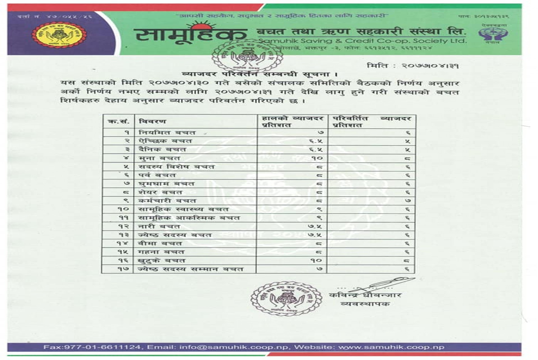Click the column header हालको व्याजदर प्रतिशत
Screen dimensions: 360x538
292,122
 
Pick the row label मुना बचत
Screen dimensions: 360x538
159,158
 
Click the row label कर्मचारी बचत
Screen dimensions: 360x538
167,201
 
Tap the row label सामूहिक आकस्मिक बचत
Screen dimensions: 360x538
189,218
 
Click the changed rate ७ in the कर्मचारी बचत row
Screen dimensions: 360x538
408,201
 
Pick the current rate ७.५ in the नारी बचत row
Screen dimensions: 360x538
315,226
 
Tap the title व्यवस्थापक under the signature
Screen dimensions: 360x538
365,304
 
